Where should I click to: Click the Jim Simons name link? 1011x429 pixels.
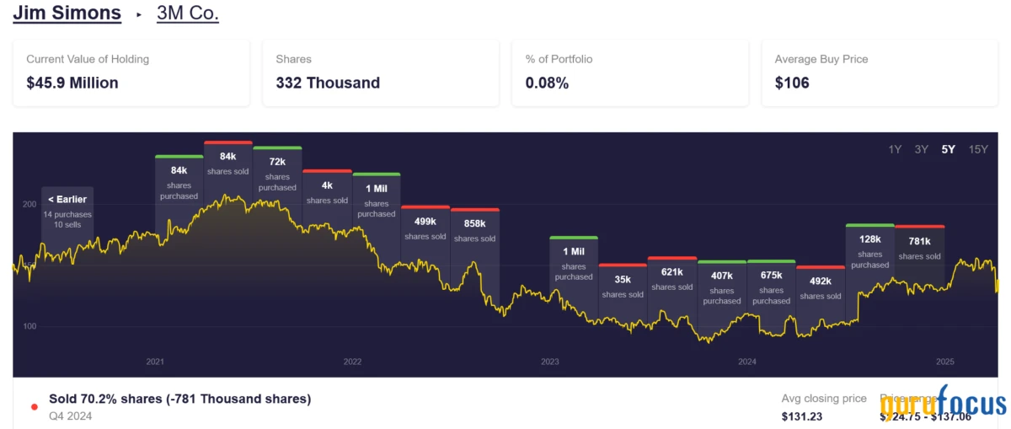67,13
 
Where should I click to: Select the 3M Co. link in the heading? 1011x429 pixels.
187,13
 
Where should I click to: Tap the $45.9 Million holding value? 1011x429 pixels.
72,83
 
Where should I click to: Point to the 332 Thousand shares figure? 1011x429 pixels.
328,83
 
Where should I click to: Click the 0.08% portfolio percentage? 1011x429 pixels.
547,83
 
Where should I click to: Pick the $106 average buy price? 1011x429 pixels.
792,83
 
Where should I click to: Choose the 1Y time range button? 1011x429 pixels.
895,149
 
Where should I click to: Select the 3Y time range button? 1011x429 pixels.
922,149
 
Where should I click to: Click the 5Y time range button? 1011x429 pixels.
949,149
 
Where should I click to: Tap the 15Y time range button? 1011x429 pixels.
978,149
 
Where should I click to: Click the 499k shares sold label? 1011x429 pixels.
425,228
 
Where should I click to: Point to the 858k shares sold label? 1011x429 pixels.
474,229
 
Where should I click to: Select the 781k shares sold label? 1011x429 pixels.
919,247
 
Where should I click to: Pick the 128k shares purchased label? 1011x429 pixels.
870,250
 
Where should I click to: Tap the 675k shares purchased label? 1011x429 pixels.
771,287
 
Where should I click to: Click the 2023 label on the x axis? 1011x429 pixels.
550,362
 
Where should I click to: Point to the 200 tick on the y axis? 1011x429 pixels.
29,204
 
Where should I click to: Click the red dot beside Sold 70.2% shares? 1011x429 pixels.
35,406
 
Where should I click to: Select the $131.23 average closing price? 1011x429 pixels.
803,416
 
